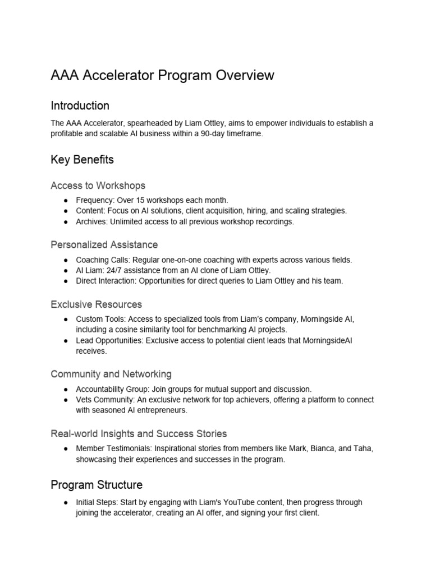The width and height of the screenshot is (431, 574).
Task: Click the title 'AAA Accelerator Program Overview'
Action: click(162, 75)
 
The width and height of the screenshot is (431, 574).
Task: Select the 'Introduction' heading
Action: click(80, 105)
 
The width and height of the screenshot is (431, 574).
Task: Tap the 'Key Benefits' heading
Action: click(82, 159)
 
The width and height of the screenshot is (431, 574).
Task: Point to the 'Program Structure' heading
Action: click(97, 484)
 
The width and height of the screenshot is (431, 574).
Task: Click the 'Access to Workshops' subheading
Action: click(98, 185)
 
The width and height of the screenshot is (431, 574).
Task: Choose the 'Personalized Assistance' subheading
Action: click(104, 244)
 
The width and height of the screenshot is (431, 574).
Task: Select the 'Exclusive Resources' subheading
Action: click(96, 304)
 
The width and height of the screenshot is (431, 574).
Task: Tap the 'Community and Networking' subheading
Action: click(111, 374)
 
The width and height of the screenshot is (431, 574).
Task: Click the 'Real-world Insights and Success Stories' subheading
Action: click(139, 433)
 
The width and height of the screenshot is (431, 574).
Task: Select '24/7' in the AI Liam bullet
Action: click(110, 270)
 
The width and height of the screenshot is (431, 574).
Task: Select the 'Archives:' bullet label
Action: click(91, 221)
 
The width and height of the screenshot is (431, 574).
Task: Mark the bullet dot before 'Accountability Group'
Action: click(66, 389)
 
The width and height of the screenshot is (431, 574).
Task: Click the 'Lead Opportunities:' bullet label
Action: click(110, 340)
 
